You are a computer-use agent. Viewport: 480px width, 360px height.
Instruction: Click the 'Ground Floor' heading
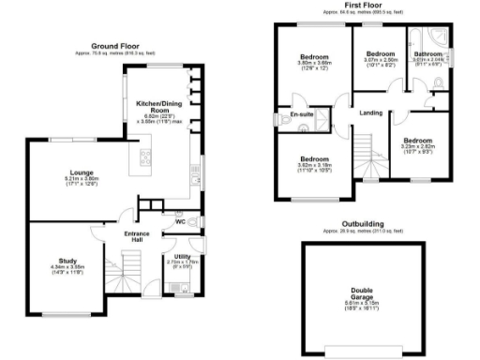[115, 46]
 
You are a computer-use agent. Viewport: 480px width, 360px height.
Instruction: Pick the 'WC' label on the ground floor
[179, 222]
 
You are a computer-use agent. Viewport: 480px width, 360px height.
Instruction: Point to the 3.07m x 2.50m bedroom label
[380, 53]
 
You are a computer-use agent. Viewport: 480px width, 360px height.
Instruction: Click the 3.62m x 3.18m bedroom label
[314, 159]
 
